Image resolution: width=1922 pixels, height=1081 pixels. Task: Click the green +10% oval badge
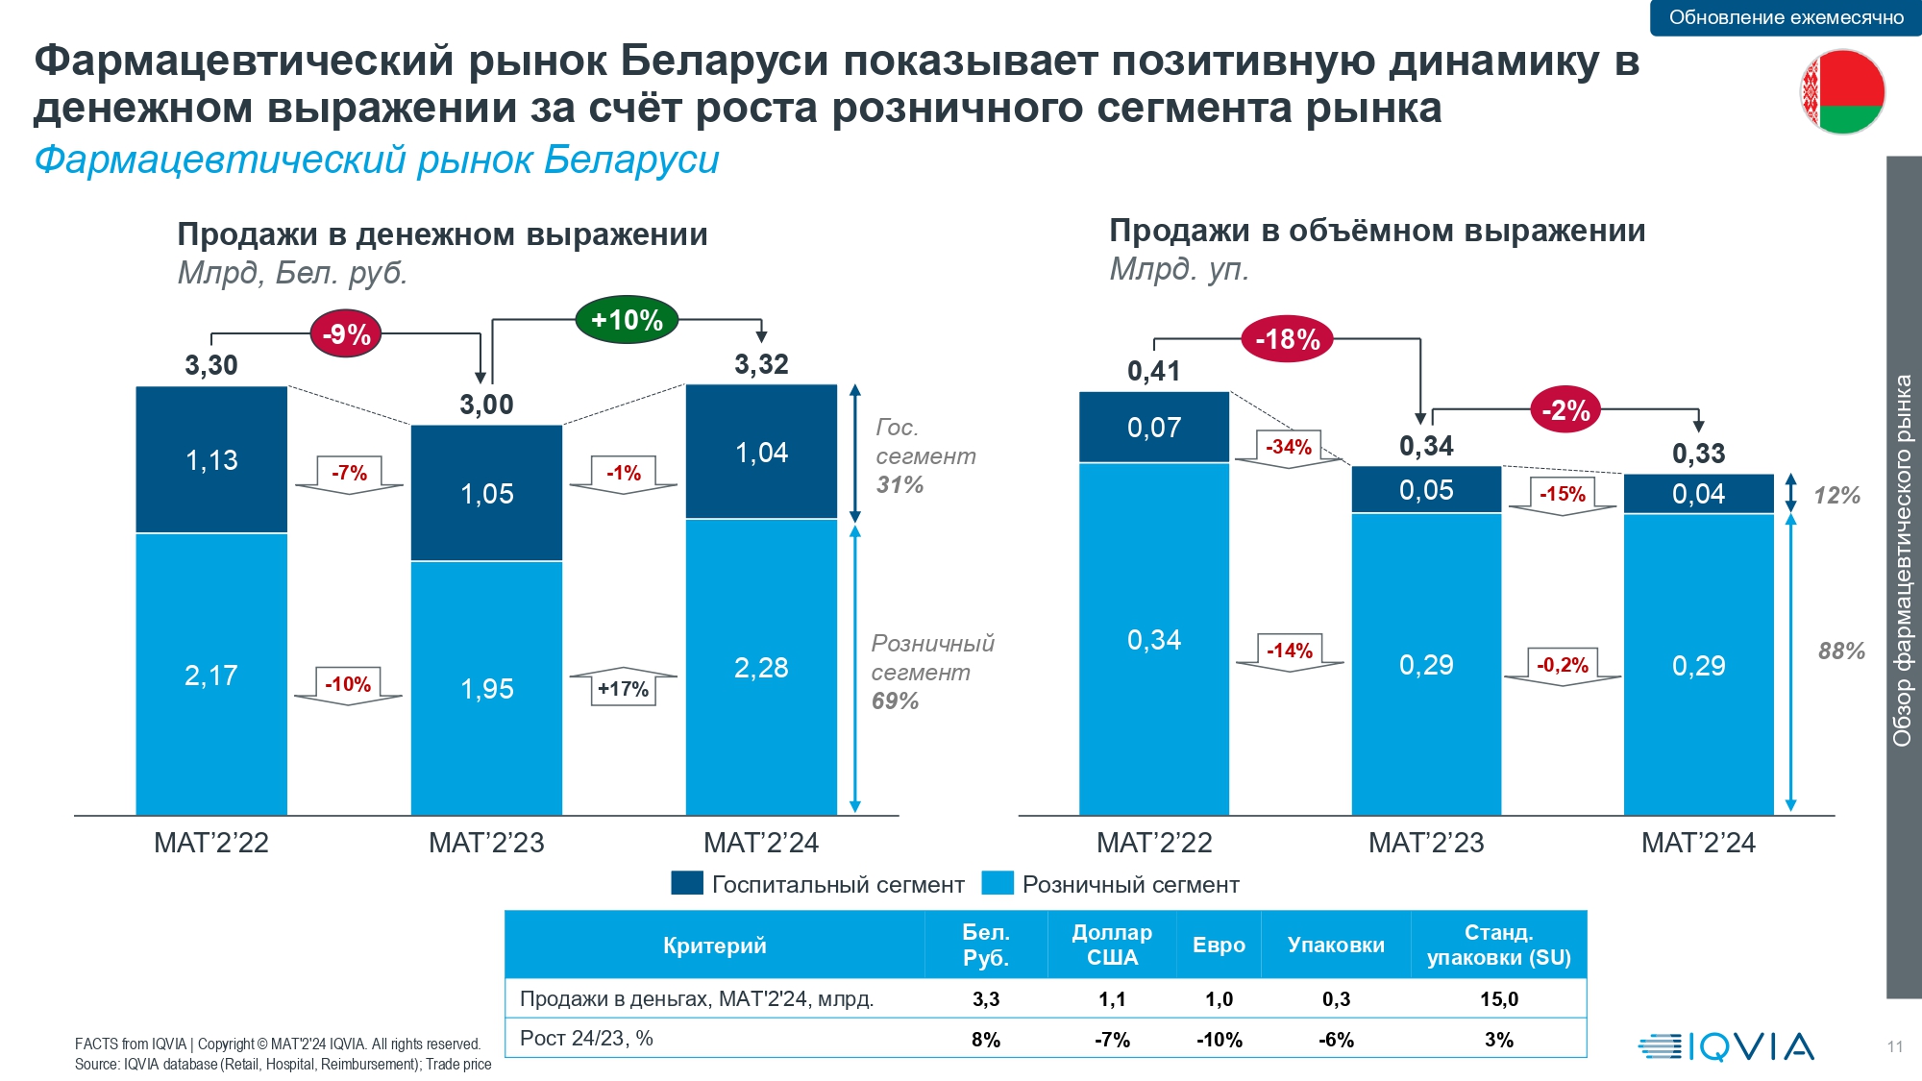627,320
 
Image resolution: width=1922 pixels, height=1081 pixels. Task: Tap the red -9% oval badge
346,334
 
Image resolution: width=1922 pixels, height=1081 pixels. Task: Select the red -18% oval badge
1287,339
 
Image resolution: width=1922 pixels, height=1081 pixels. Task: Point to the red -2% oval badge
1565,410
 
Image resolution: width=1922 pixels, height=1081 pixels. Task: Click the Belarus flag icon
1842,91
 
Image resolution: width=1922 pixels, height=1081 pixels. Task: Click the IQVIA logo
1726,1045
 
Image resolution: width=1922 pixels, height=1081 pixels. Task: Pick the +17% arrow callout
623,688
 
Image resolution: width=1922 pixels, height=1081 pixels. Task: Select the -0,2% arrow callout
1563,665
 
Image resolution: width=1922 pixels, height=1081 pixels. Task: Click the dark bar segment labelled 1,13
211,459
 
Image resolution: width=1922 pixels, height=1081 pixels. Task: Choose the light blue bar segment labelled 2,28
761,667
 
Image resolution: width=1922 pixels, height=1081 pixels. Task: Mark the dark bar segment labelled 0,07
1154,427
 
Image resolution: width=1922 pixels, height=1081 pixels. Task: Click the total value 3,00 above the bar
486,405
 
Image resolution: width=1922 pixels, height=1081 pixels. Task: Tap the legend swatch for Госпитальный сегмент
687,883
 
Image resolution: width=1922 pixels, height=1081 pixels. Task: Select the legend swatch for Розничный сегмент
998,883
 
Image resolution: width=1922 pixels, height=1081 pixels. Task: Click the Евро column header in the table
1219,945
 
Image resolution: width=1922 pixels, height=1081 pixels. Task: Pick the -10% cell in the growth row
1219,1040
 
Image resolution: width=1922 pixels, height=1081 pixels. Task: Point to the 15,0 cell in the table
1498,999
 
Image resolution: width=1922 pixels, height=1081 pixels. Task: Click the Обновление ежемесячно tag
1786,17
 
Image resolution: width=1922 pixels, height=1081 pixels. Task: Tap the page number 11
1894,1046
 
